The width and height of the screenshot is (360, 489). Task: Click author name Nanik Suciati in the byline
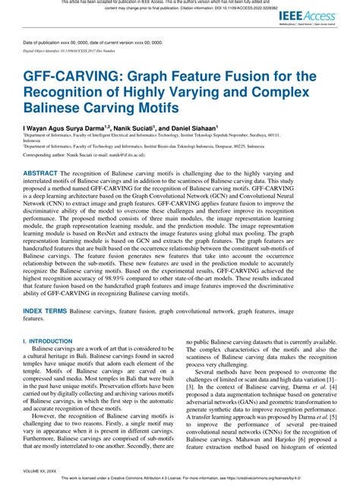pyautogui.click(x=135, y=131)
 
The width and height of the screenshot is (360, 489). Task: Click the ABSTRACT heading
pyautogui.click(x=44, y=194)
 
